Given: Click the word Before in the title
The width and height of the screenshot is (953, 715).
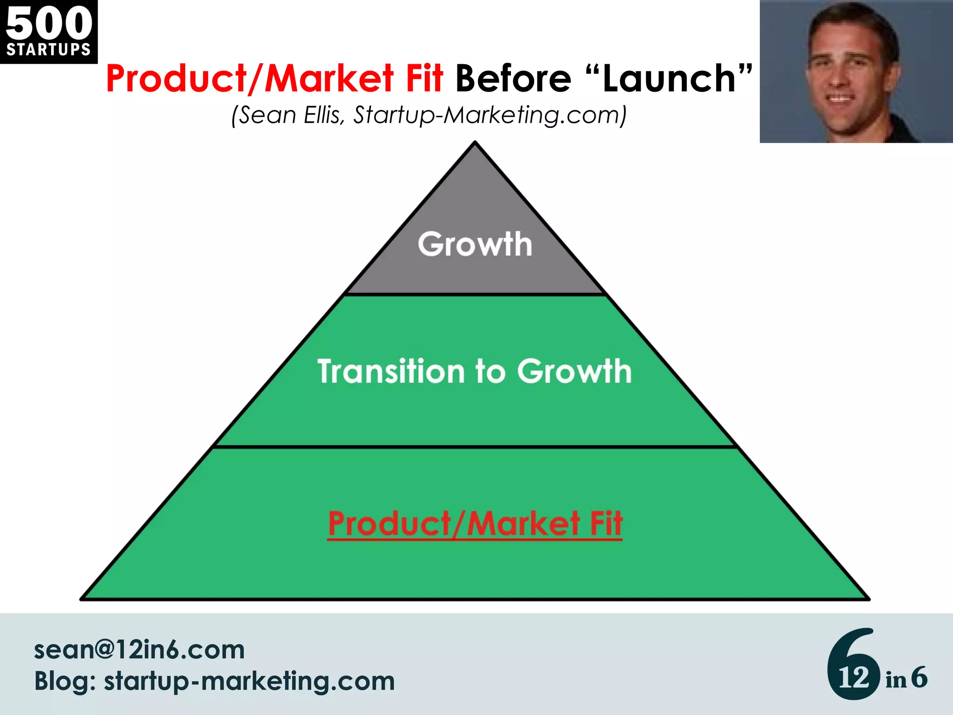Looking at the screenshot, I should click(x=513, y=78).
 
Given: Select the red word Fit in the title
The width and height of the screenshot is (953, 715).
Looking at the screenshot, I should click(x=424, y=78).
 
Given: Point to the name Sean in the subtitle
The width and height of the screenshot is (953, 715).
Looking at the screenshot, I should click(x=268, y=115).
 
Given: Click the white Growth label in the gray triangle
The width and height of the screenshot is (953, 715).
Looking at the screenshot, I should click(x=475, y=244).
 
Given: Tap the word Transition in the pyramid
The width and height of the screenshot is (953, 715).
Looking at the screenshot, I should click(x=391, y=371).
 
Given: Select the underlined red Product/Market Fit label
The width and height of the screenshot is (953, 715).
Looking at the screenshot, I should click(x=475, y=524).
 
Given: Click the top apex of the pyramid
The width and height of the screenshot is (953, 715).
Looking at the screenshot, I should click(x=475, y=142).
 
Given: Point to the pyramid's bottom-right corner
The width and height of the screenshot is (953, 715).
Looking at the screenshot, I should click(x=868, y=599).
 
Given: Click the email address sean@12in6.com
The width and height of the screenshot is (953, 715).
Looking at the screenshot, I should click(x=139, y=650).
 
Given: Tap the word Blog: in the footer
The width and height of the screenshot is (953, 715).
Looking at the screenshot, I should click(x=65, y=681).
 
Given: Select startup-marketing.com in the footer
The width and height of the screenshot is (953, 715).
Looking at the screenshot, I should click(x=249, y=681).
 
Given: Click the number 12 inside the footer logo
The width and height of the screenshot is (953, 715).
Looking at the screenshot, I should click(x=853, y=678).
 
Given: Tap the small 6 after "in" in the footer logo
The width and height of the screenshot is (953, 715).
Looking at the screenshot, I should click(x=919, y=677).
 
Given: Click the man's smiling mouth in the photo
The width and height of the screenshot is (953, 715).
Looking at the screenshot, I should click(x=840, y=99).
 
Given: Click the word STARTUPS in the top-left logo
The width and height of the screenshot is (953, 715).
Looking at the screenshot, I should click(x=48, y=49).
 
